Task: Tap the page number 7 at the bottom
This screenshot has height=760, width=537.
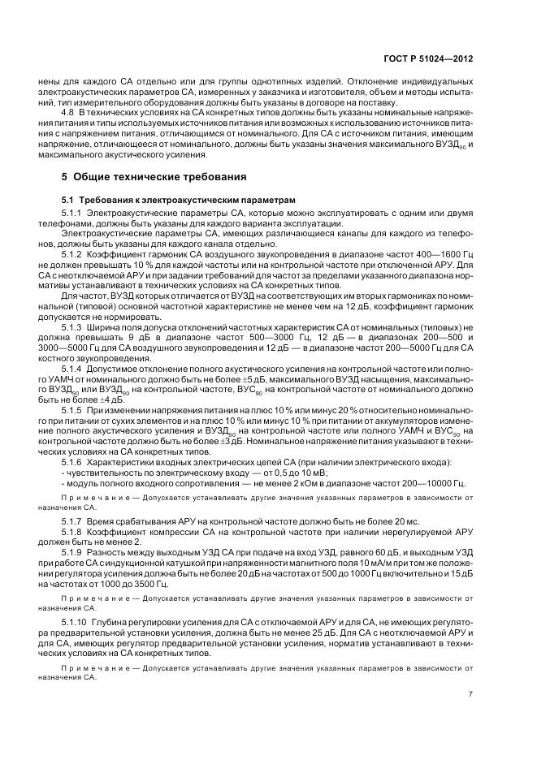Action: pyautogui.click(x=470, y=693)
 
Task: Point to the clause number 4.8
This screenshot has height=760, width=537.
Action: pyautogui.click(x=68, y=110)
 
